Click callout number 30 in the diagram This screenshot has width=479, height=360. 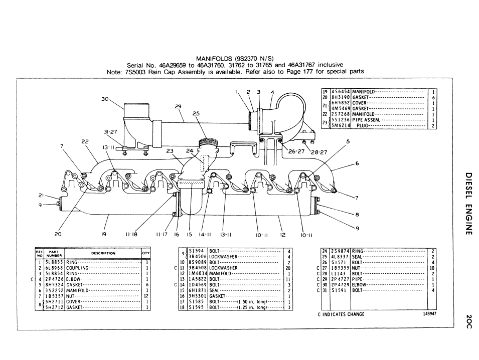click(x=105, y=99)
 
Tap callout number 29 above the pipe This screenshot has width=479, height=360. click(x=178, y=106)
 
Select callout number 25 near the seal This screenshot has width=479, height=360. click(x=196, y=114)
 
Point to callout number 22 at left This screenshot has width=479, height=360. click(x=85, y=142)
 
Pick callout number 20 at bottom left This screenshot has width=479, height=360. click(x=58, y=233)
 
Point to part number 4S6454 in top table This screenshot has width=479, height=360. click(x=340, y=92)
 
